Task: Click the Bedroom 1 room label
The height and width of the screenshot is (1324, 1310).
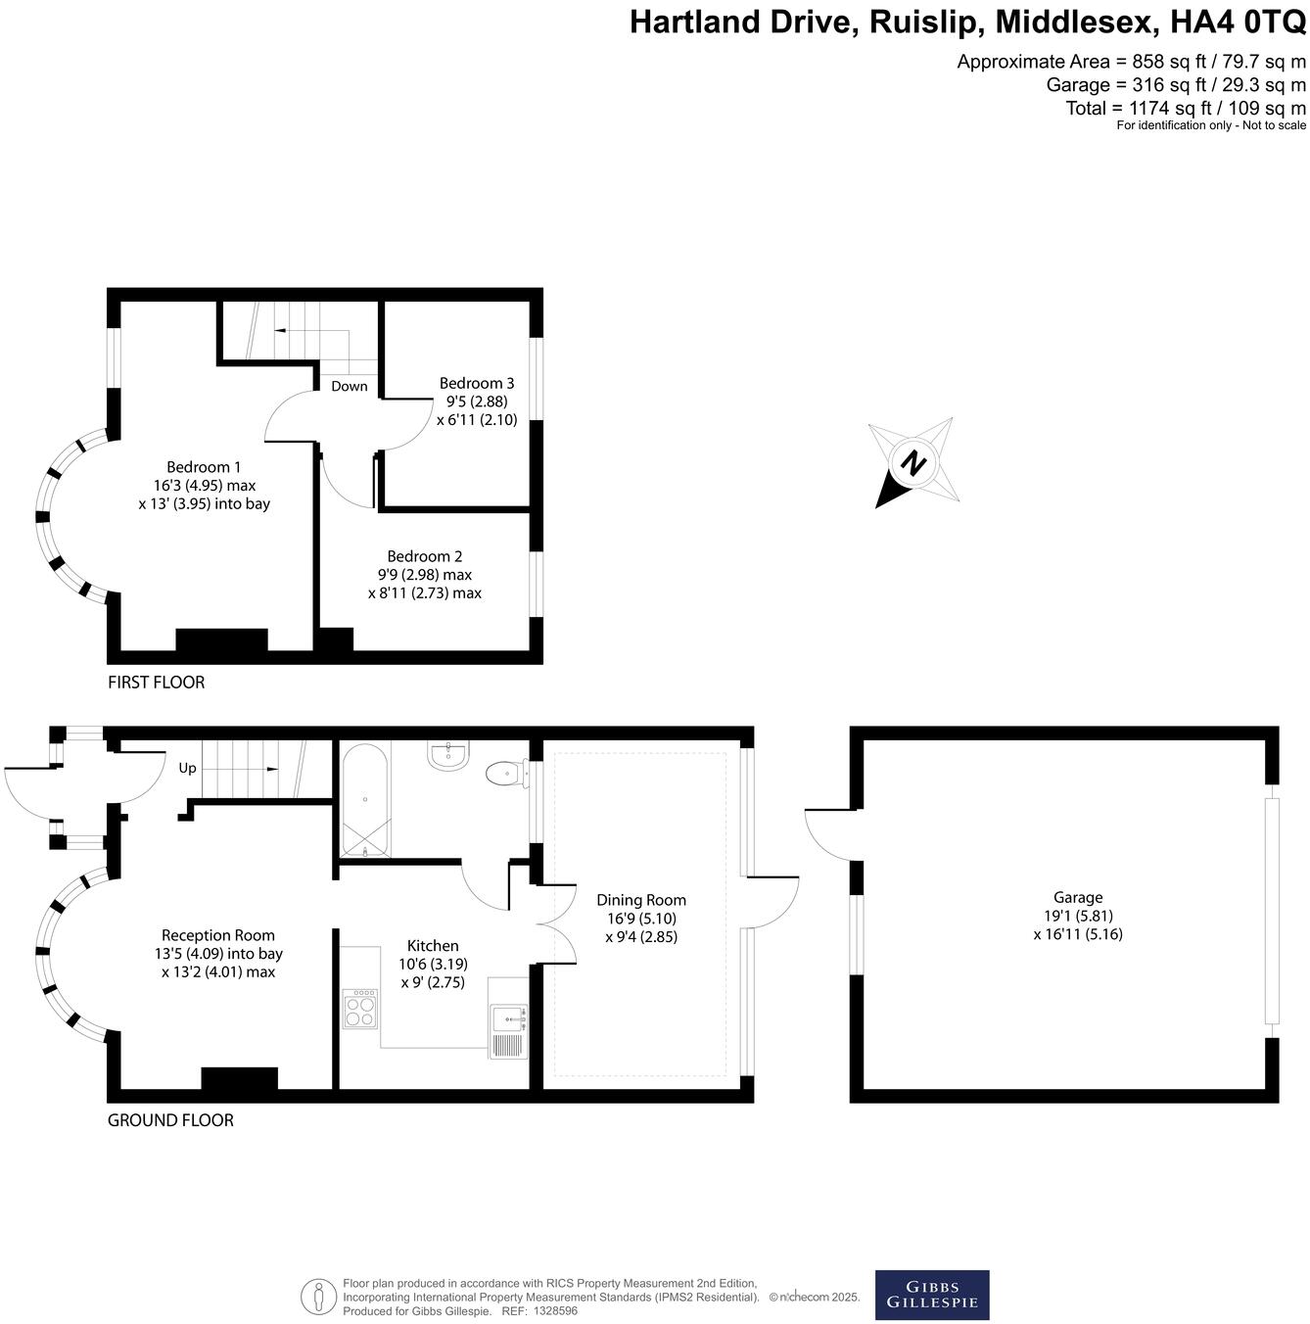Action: (x=204, y=467)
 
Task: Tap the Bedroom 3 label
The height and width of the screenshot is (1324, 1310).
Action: (x=477, y=383)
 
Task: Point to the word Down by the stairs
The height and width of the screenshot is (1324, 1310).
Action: (x=350, y=386)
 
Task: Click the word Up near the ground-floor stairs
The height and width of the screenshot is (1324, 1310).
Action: (x=187, y=768)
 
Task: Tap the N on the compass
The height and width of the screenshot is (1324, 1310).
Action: (x=913, y=462)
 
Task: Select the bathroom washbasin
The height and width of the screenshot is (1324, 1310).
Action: (x=449, y=755)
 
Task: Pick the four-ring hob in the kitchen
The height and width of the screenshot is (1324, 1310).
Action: (x=359, y=1009)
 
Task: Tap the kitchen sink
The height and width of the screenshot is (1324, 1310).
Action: (x=508, y=1032)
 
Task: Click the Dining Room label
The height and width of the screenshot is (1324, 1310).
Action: (x=641, y=900)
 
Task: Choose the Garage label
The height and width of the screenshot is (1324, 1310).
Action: (x=1078, y=897)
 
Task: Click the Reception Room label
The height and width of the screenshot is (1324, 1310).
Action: (x=218, y=935)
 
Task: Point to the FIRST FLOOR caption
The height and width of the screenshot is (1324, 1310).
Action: (x=157, y=683)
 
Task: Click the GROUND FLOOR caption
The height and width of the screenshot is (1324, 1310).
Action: (x=170, y=1120)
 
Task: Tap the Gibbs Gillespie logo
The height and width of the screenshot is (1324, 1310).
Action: (x=931, y=1295)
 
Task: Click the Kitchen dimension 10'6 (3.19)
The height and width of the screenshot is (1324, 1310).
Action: (x=433, y=965)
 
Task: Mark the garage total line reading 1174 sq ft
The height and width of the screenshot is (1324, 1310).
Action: (x=1186, y=108)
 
